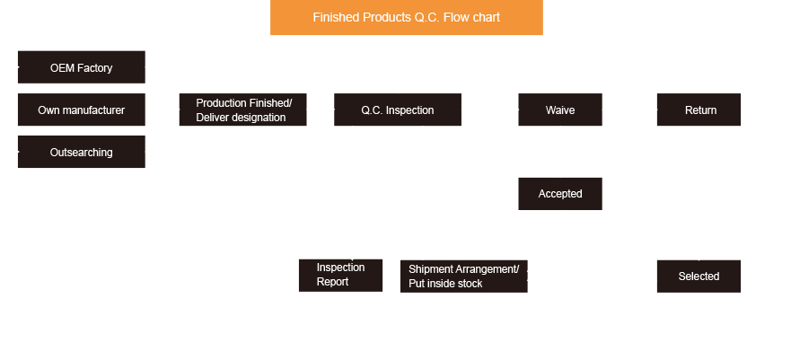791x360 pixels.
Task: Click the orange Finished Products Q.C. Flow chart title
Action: pyautogui.click(x=406, y=18)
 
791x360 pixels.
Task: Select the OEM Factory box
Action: pyautogui.click(x=81, y=67)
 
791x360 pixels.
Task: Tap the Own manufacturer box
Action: pyautogui.click(x=81, y=110)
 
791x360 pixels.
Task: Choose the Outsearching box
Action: pyautogui.click(x=81, y=153)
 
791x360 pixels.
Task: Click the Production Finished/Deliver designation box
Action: pyautogui.click(x=242, y=110)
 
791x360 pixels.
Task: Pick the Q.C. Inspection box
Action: pyautogui.click(x=397, y=110)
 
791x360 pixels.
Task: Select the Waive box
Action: pyautogui.click(x=560, y=110)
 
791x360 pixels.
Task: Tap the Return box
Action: pyautogui.click(x=699, y=110)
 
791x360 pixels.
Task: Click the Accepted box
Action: pyautogui.click(x=560, y=194)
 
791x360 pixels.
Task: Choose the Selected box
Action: pyautogui.click(x=699, y=276)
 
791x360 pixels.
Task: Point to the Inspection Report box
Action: pyautogui.click(x=340, y=275)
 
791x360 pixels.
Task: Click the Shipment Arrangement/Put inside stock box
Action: pyautogui.click(x=463, y=277)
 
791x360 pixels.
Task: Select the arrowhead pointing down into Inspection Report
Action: pyautogui.click(x=353, y=254)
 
